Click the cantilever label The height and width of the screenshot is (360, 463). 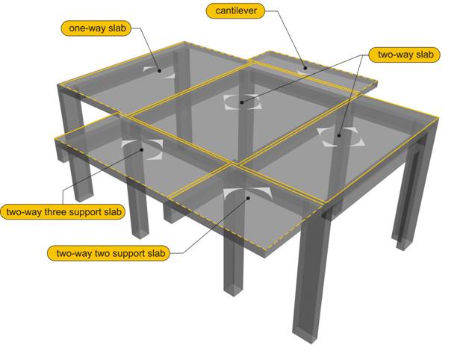tap(235, 11)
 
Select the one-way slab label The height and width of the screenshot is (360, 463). tap(96, 28)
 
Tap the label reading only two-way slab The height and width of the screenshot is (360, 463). tap(405, 55)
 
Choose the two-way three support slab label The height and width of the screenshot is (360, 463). tap(63, 212)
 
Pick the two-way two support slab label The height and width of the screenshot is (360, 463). tap(109, 253)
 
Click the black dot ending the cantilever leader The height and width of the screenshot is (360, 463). tap(305, 68)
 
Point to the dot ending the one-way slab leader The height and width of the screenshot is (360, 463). tap(159, 71)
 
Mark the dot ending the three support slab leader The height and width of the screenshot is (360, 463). tap(142, 149)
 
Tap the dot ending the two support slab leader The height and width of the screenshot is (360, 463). tap(249, 198)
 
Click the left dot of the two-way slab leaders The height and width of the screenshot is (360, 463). tap(242, 102)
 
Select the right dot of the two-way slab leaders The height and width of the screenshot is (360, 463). tap(339, 135)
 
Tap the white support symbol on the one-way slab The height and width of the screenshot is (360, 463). tap(160, 72)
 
